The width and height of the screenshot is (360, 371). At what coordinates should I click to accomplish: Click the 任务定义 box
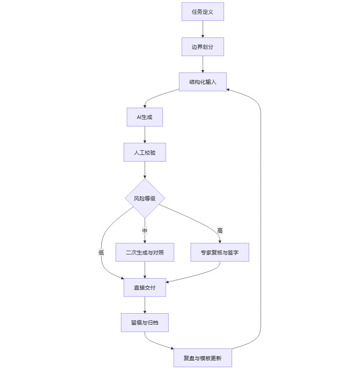[x=202, y=12]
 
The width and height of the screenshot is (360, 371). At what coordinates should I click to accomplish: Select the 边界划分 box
[x=202, y=47]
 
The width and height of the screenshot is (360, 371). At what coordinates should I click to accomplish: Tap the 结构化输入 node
[x=202, y=82]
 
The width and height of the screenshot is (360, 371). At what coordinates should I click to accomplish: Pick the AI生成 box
[x=144, y=117]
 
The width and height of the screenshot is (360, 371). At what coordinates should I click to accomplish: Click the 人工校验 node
[x=144, y=152]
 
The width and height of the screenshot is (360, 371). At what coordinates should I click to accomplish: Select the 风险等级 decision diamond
[x=144, y=199]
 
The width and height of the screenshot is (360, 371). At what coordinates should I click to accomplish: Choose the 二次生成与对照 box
[x=149, y=253]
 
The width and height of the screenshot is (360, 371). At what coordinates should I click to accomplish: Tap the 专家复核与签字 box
[x=219, y=253]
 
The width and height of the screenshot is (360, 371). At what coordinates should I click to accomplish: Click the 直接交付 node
[x=144, y=288]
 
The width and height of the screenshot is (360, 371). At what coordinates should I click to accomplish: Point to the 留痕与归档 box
[x=144, y=323]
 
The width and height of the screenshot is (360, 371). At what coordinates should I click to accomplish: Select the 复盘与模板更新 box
[x=202, y=358]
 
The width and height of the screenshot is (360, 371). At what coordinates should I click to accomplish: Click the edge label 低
[x=101, y=253]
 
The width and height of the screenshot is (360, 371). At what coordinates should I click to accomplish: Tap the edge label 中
[x=144, y=231]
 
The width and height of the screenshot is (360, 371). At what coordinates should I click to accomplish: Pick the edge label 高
[x=220, y=231]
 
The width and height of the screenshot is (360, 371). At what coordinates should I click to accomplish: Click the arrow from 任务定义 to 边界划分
[x=202, y=29]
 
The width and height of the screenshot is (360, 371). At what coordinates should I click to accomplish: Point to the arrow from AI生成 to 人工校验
[x=144, y=135]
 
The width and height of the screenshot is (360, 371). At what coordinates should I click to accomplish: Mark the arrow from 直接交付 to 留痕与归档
[x=144, y=305]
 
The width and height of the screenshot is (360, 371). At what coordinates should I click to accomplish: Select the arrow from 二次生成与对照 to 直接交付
[x=144, y=270]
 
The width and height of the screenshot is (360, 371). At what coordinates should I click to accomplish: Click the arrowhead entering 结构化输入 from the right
[x=229, y=89]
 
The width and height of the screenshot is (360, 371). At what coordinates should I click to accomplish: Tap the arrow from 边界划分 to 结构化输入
[x=202, y=64]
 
